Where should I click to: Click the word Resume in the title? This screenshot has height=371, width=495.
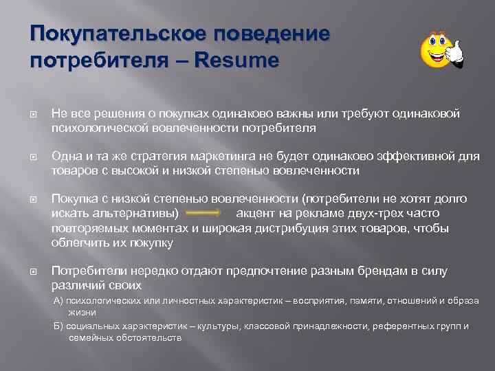point(238,61)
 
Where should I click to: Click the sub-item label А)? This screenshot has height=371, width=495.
point(59,300)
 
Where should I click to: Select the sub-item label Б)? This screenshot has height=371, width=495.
point(59,326)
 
